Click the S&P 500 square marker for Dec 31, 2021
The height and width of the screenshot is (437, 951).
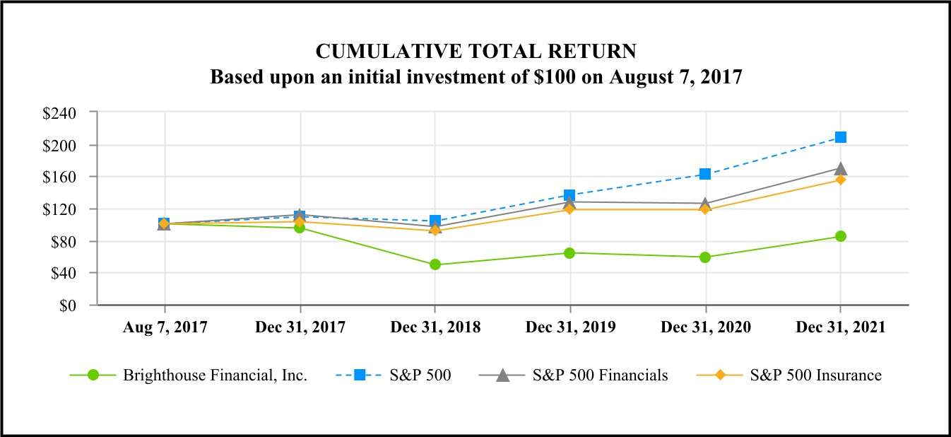[840, 137]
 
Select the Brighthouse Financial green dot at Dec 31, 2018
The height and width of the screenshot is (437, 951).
[435, 264]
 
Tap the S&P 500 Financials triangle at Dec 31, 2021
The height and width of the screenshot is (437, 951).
[840, 168]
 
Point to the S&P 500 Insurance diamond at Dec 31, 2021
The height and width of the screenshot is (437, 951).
[840, 180]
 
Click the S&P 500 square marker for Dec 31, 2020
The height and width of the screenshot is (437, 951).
[705, 174]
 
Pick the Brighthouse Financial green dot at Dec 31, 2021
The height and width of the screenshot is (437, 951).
[840, 236]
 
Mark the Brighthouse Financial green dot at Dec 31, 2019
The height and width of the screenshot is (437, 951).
[570, 253]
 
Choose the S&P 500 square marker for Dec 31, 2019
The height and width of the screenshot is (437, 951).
[570, 195]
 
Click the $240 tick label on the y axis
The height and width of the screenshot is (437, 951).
[68, 112]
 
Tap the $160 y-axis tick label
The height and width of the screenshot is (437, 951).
[68, 177]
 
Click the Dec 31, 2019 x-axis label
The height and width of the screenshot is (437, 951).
[570, 327]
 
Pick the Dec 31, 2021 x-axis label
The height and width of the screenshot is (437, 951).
[840, 327]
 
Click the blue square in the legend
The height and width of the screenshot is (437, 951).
[360, 375]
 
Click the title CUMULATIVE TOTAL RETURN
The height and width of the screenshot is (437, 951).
[476, 52]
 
